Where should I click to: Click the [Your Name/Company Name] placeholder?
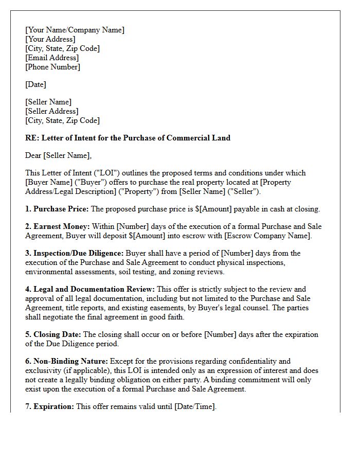pos(75,30)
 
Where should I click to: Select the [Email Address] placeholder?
pos(52,58)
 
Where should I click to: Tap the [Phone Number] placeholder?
pos(52,67)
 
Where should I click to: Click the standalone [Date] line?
pos(35,84)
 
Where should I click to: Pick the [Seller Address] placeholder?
pos(51,111)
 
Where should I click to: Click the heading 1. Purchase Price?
pos(57,209)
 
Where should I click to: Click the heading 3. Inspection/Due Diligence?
pos(74,253)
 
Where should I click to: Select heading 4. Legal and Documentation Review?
pos(90,289)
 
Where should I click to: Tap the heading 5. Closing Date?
pos(53,334)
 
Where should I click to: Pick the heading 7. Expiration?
pos(49,406)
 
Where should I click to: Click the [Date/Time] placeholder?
pos(195,406)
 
